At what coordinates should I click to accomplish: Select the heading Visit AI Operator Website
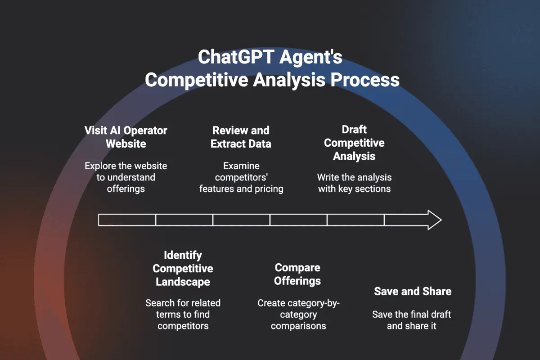(126, 137)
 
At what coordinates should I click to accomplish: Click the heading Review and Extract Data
(241, 137)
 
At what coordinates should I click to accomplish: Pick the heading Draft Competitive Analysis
(354, 143)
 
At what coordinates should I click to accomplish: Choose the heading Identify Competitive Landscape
(183, 268)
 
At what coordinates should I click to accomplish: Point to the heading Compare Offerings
(297, 274)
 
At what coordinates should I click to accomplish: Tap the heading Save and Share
(413, 291)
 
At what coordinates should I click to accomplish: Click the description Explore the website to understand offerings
(126, 177)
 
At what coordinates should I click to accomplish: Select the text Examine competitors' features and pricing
(241, 177)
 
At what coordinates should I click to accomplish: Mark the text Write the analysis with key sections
(354, 183)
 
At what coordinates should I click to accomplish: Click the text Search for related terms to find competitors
(183, 314)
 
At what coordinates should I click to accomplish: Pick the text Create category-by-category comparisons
(297, 314)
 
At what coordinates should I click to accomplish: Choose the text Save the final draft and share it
(412, 320)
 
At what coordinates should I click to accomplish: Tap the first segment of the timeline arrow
(127, 220)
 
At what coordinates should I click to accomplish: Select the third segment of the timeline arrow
(241, 220)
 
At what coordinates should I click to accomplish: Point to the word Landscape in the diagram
(183, 282)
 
